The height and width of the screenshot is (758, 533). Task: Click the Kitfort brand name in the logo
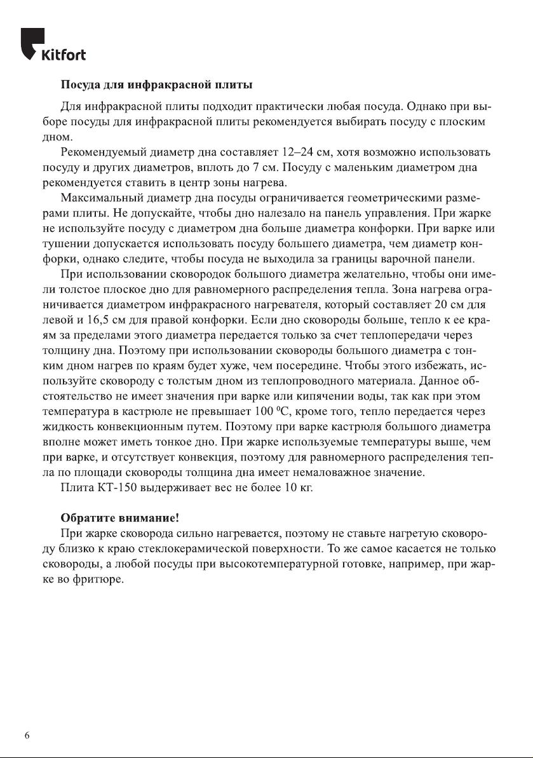[x=64, y=55]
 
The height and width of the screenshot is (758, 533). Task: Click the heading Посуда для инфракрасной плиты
[x=156, y=85]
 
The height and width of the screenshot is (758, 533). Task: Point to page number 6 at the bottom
[x=27, y=735]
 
